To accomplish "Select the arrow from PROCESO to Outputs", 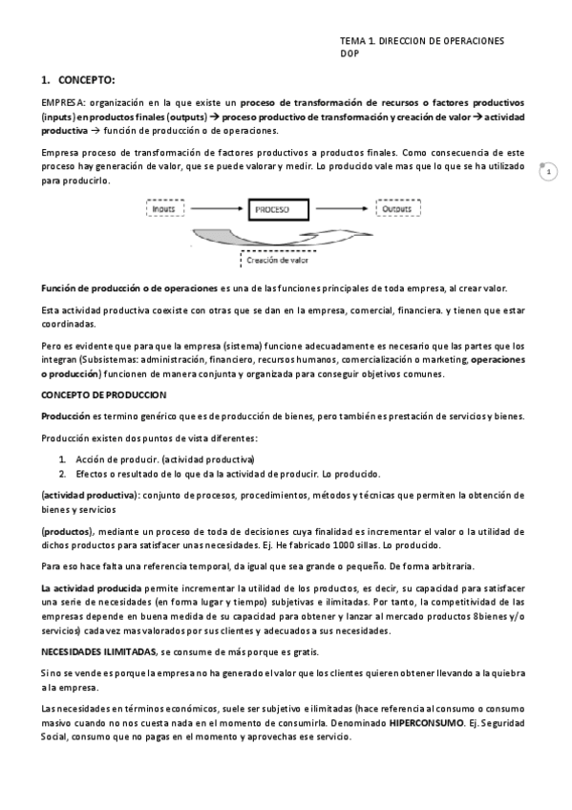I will [x=347, y=207].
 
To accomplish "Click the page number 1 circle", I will [x=548, y=172].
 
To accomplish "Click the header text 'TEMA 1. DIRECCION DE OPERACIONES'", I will [x=422, y=42].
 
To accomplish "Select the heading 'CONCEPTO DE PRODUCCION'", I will [x=103, y=394].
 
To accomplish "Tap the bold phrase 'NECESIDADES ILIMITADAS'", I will [x=98, y=650].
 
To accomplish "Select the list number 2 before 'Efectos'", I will [x=62, y=473].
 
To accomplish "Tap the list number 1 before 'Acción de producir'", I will [x=62, y=459].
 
